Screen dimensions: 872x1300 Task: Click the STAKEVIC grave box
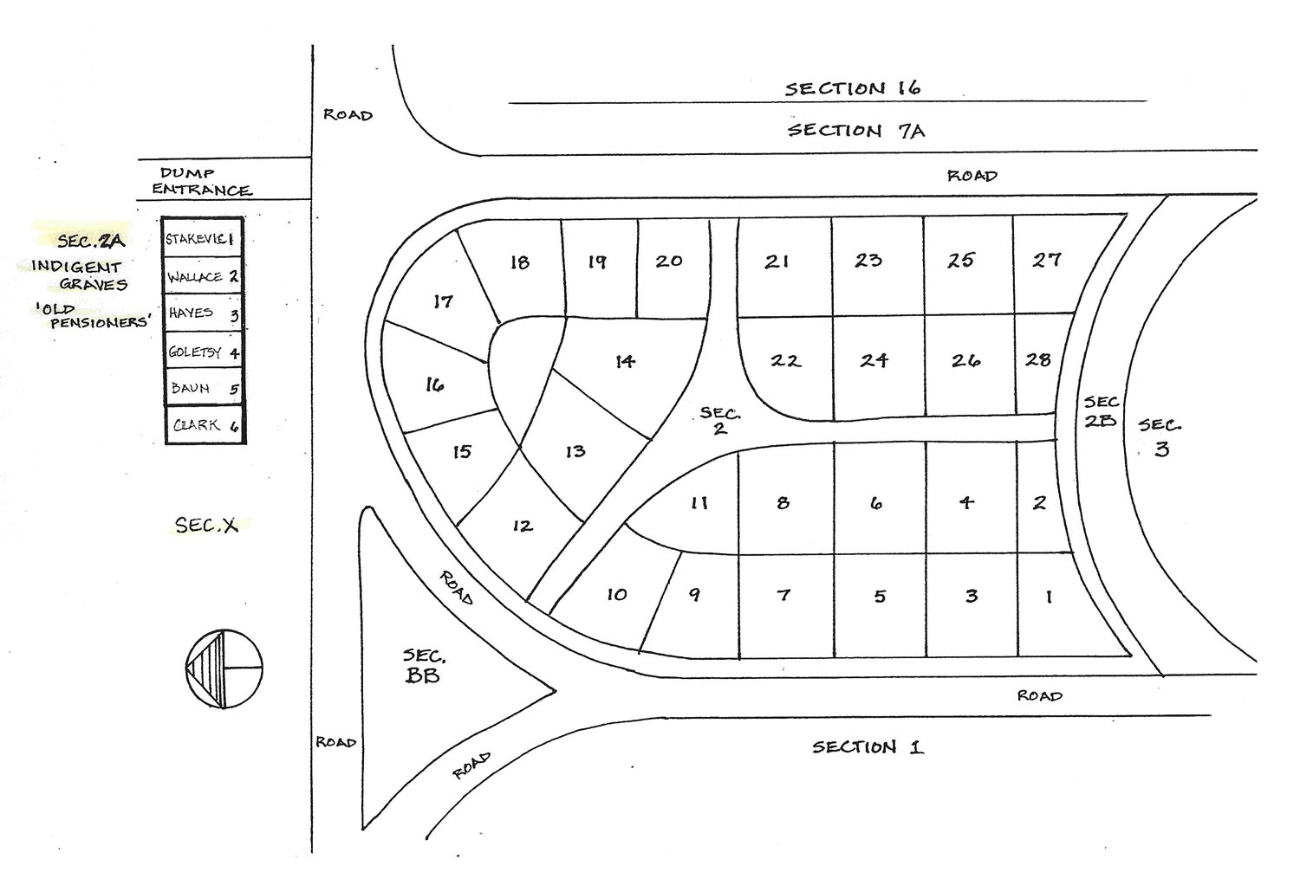click(x=203, y=239)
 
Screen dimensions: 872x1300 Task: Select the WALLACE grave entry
click(x=203, y=277)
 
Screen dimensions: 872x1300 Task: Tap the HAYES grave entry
click(x=203, y=313)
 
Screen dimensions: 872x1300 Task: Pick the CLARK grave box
click(x=204, y=425)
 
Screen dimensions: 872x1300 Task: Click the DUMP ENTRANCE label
click(x=202, y=182)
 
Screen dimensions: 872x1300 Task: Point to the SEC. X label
click(x=206, y=524)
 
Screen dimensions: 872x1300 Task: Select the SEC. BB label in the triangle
click(x=423, y=667)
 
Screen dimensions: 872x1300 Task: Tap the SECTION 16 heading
click(x=853, y=88)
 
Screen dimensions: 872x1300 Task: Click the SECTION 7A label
click(x=855, y=131)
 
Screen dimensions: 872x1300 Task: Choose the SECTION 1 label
click(x=868, y=746)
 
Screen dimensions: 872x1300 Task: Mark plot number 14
click(x=625, y=361)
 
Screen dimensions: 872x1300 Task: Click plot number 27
click(x=1046, y=259)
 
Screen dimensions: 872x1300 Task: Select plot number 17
click(x=443, y=301)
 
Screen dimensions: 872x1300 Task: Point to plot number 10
click(x=616, y=594)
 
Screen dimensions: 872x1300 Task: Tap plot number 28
click(x=1038, y=359)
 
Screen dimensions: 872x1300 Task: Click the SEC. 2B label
click(x=1101, y=411)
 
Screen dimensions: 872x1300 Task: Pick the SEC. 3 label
click(x=1160, y=436)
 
